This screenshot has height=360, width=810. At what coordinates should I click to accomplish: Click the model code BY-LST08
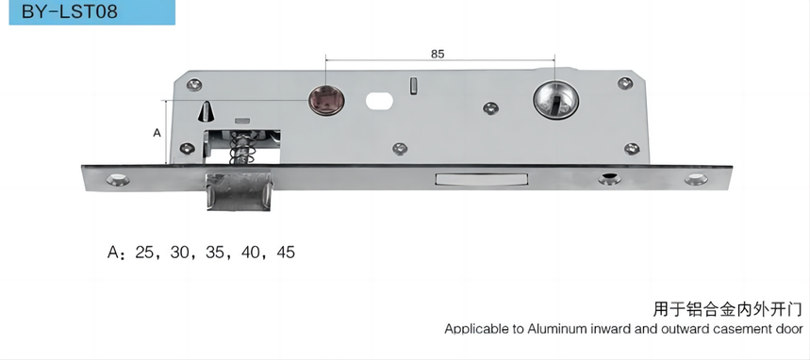[x=70, y=11]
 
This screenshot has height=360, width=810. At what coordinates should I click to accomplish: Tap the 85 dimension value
[x=437, y=54]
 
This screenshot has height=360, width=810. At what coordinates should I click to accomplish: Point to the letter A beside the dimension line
[x=157, y=133]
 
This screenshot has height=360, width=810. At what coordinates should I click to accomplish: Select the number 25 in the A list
[x=144, y=252]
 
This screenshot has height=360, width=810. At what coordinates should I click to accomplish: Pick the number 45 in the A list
[x=286, y=252]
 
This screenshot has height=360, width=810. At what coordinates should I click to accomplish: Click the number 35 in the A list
[x=215, y=252]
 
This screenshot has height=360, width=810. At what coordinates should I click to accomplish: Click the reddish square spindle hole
[x=325, y=101]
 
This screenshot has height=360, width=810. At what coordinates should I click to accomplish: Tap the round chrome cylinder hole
[x=555, y=100]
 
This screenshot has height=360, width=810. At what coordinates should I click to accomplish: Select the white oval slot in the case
[x=380, y=101]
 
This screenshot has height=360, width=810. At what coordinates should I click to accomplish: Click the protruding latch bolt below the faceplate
[x=239, y=191]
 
